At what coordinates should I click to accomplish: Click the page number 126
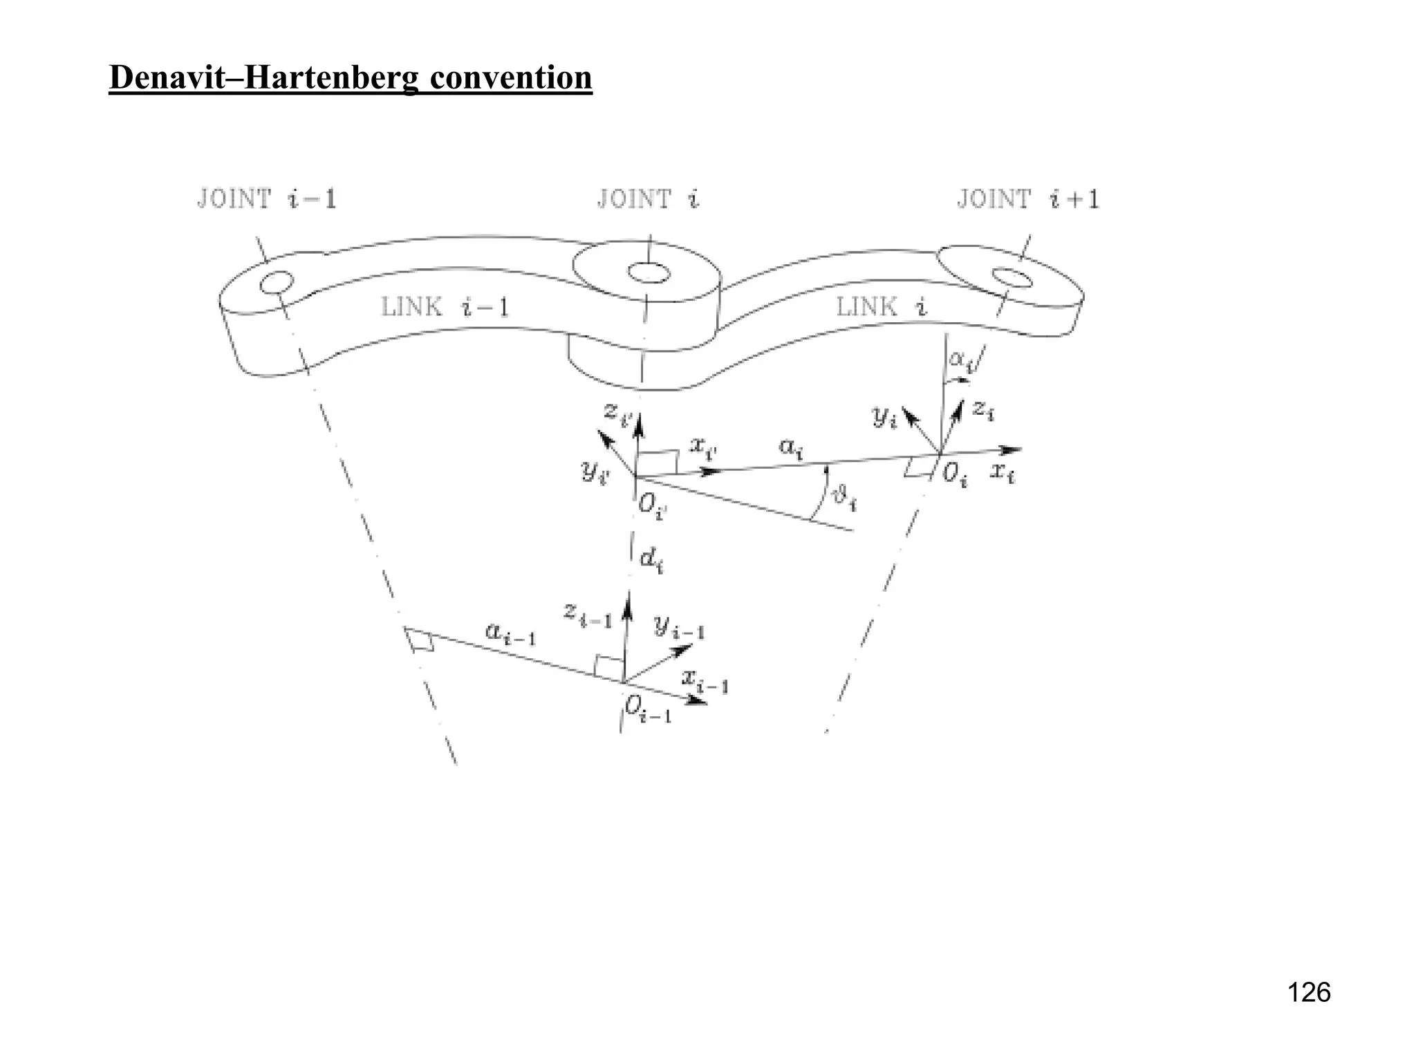coord(1309,993)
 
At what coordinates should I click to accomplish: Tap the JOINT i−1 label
coord(267,199)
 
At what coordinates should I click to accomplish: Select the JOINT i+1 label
coord(1027,199)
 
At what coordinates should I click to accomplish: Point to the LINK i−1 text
coord(445,306)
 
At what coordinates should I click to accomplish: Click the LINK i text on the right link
coord(882,306)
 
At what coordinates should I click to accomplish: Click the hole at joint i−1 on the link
coord(277,282)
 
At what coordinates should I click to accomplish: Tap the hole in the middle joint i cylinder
coord(649,272)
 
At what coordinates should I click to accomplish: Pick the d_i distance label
coord(651,559)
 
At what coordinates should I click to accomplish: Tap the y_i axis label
coord(884,416)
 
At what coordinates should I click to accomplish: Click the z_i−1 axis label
coord(588,614)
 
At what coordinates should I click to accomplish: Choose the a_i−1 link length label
coord(510,633)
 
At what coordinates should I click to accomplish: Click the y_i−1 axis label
coord(679,627)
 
